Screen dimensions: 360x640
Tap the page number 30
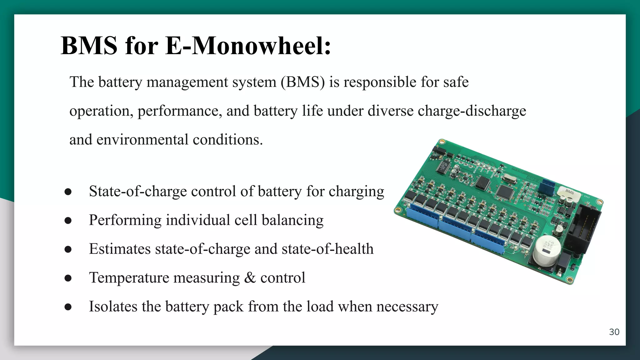click(614, 332)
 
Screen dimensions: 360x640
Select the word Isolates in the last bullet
click(113, 306)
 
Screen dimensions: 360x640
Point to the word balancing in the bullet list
click(292, 220)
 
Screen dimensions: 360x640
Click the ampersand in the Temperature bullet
click(249, 277)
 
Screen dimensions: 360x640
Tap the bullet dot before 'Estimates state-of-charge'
click(68, 249)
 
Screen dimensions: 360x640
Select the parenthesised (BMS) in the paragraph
click(302, 82)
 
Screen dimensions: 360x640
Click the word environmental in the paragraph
click(142, 139)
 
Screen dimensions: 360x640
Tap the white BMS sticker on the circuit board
click(569, 192)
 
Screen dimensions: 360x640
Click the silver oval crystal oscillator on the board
click(509, 178)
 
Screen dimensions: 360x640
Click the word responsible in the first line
click(380, 82)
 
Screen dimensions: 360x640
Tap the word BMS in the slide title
click(89, 46)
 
